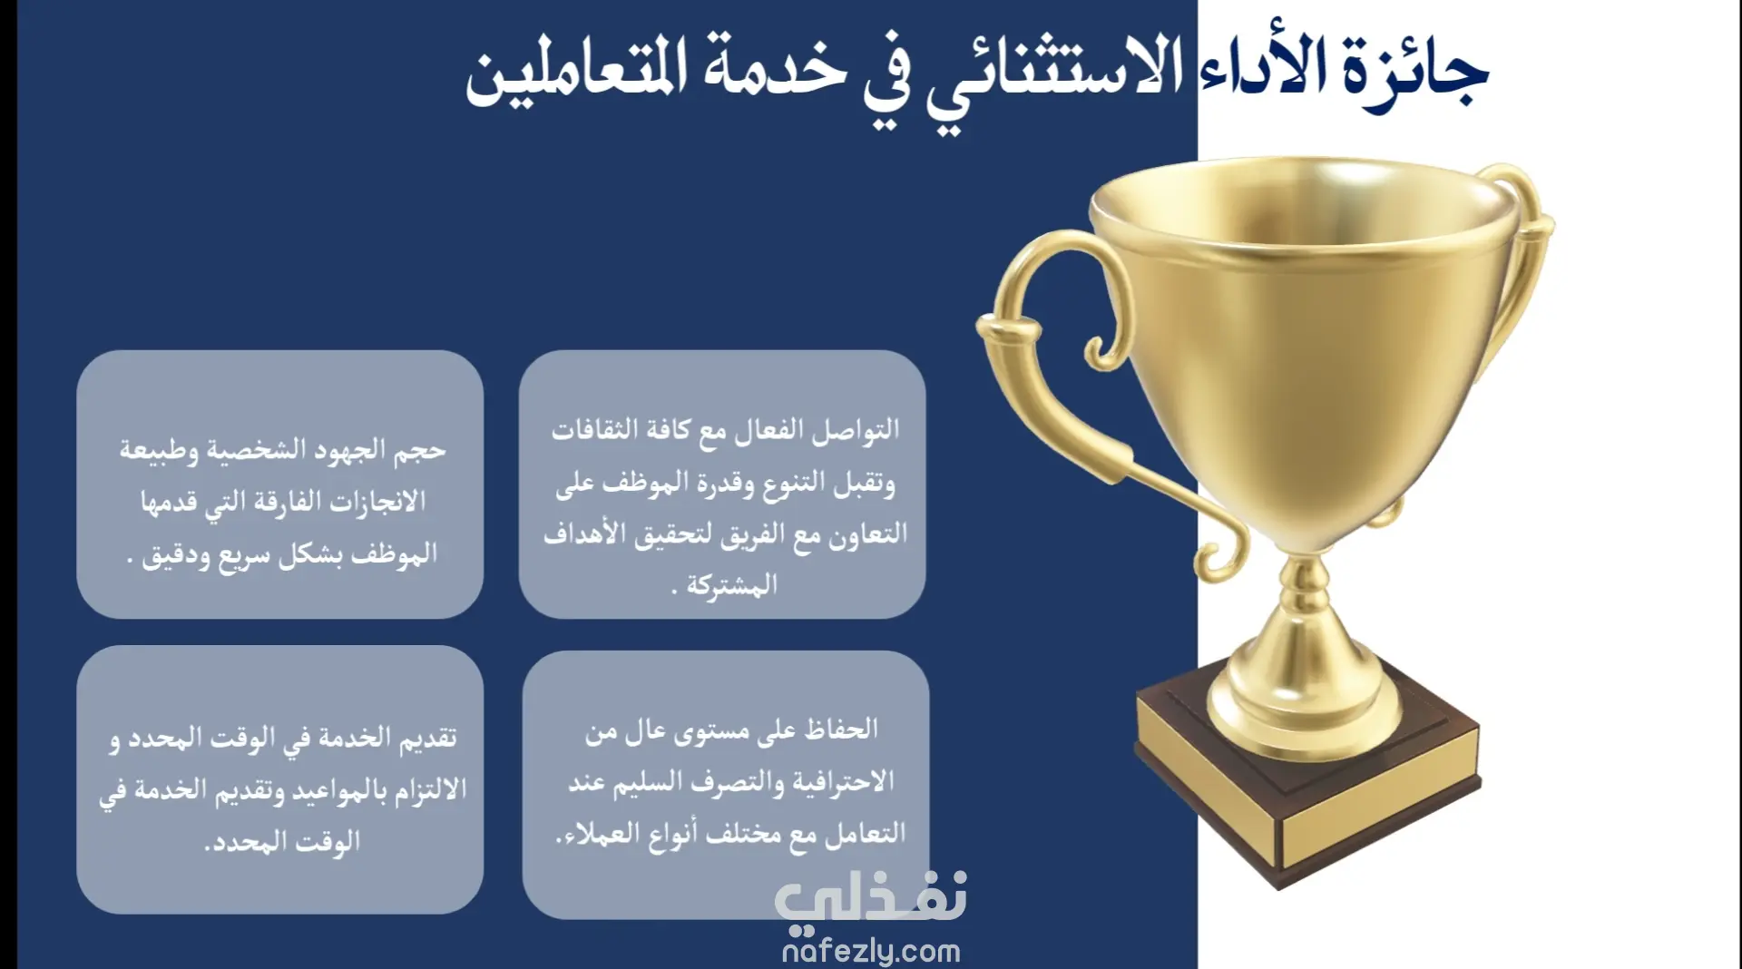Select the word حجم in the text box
click(421, 451)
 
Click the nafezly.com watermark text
click(870, 951)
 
